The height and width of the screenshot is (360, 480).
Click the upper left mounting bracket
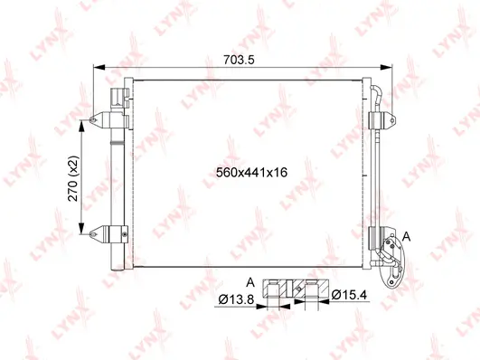click(109, 117)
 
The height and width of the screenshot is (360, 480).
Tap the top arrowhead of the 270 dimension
click(87, 122)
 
